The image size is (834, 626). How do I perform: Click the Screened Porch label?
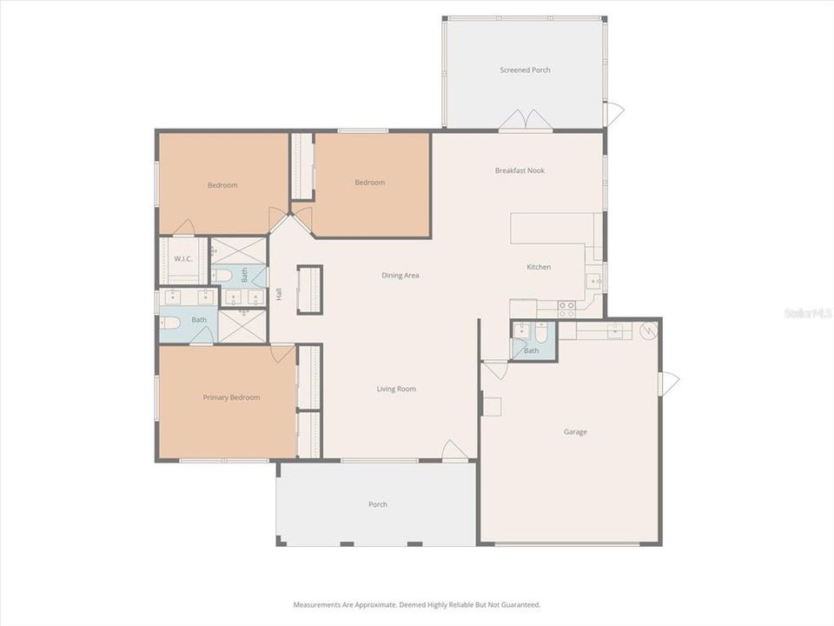point(525,70)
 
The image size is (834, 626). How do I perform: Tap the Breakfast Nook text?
point(520,170)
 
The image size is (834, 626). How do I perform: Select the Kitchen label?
point(539,267)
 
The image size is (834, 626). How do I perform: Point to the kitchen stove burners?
point(566,309)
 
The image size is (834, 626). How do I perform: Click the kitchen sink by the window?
point(595,281)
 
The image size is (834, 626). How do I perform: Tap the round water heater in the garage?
point(648,330)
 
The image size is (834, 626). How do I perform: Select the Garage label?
point(575,431)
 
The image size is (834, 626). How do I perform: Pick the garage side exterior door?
point(670,383)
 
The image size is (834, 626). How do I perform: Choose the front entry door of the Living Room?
point(455,450)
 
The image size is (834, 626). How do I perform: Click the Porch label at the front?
point(377,504)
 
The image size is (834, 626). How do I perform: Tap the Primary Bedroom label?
point(231,397)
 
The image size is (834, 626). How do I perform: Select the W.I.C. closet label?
point(182,258)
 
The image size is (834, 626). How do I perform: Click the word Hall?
point(279,294)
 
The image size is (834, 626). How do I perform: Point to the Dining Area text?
point(400,276)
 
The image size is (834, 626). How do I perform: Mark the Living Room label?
point(396,389)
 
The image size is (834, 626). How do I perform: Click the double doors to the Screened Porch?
point(525,120)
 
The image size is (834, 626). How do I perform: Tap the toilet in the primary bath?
point(171,322)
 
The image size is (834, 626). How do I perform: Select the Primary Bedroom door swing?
point(282,353)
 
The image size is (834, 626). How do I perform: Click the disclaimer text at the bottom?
point(417,604)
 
